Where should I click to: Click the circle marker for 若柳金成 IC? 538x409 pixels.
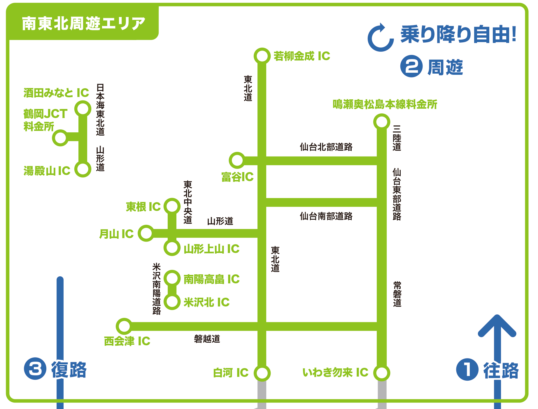click(x=262, y=56)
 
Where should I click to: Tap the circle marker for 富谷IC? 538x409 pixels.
click(x=237, y=160)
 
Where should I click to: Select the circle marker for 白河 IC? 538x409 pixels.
click(x=262, y=373)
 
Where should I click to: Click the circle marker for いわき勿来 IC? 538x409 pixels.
click(x=382, y=373)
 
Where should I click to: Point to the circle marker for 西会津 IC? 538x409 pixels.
click(x=124, y=326)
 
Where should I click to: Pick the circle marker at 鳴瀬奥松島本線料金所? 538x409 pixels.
click(x=382, y=122)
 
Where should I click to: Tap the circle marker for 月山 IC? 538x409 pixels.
click(x=146, y=233)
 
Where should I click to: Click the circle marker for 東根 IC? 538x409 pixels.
click(x=172, y=206)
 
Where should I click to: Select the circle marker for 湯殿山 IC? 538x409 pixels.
click(x=83, y=169)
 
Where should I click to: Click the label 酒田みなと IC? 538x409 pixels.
click(x=56, y=93)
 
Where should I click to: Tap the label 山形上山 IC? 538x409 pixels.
click(x=211, y=249)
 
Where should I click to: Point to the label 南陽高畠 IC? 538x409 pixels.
click(x=211, y=279)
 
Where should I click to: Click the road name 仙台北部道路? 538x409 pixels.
click(x=326, y=147)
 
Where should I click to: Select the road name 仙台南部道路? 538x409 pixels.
click(x=326, y=216)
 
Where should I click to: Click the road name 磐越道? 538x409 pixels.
click(x=207, y=339)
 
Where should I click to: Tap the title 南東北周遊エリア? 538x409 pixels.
click(x=83, y=23)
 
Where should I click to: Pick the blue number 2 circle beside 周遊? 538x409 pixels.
click(x=411, y=67)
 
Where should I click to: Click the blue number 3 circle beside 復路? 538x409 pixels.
click(x=35, y=369)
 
